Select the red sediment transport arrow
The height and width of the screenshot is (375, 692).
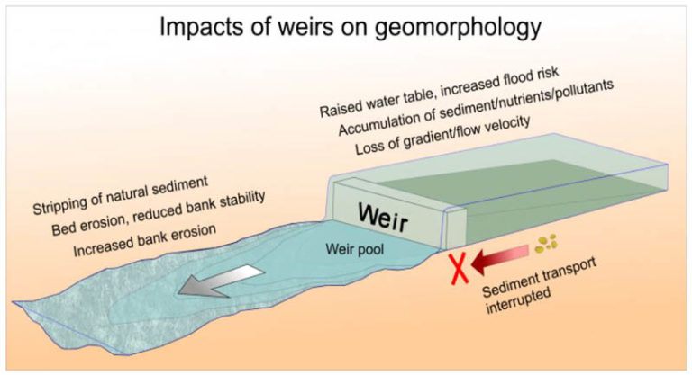pyautogui.click(x=500, y=257)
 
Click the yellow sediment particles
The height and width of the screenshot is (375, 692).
pyautogui.click(x=544, y=241)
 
